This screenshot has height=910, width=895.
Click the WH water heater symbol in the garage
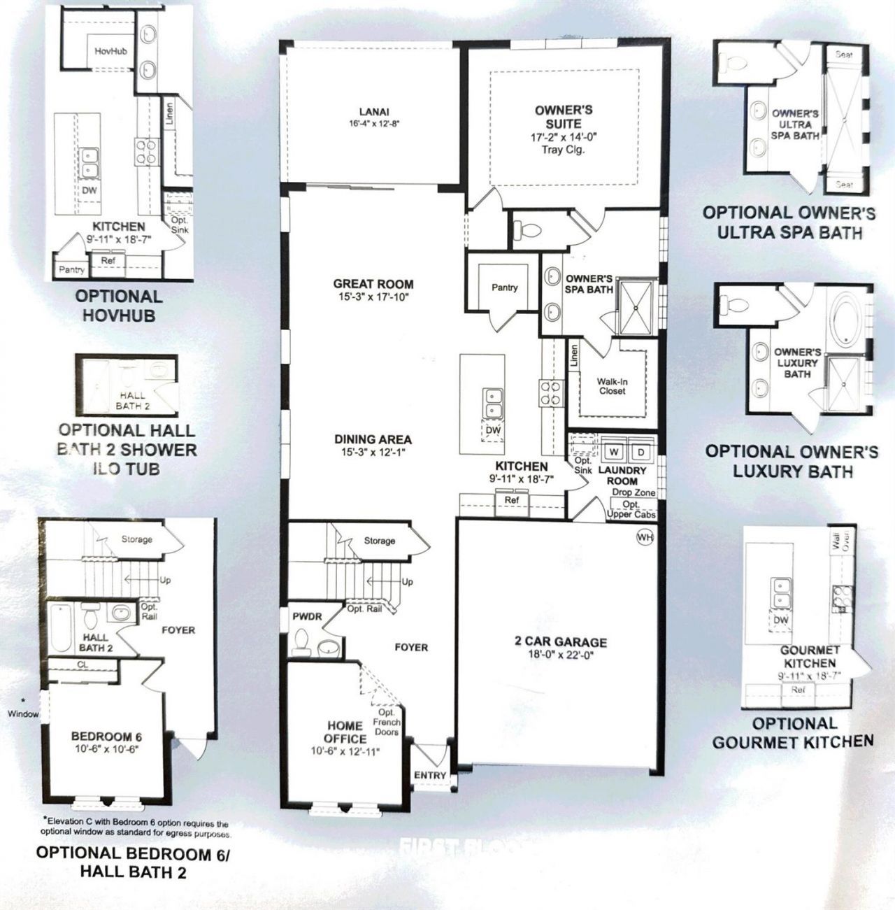click(644, 536)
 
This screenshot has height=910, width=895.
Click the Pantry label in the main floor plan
click(504, 287)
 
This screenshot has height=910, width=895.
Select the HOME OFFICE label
click(345, 732)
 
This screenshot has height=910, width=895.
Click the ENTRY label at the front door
click(429, 775)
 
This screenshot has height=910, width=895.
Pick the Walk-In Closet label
click(611, 386)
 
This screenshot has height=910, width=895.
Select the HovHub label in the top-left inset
click(110, 51)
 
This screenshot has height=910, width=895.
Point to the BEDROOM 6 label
click(106, 737)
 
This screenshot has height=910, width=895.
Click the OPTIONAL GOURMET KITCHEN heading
click(793, 732)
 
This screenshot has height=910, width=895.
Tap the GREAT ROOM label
click(373, 284)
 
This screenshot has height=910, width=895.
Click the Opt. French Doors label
click(386, 722)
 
